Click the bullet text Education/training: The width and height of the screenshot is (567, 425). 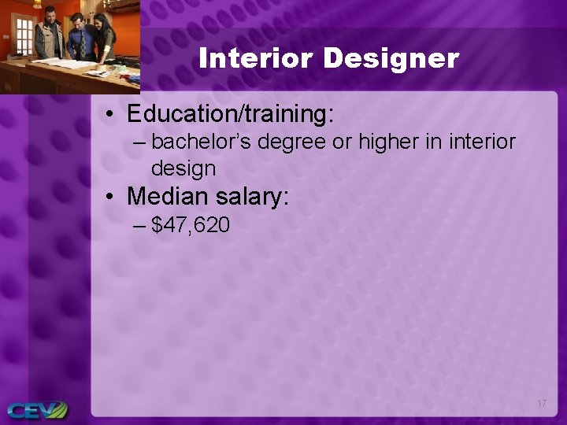point(231,114)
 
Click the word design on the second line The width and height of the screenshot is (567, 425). point(183,168)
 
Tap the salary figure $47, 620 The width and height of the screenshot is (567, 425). point(191,226)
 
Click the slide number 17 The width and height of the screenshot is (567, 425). point(541,404)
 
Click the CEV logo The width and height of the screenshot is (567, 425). point(37,410)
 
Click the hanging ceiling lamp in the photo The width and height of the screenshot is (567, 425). point(37,5)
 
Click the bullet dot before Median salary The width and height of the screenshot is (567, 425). point(112,197)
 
